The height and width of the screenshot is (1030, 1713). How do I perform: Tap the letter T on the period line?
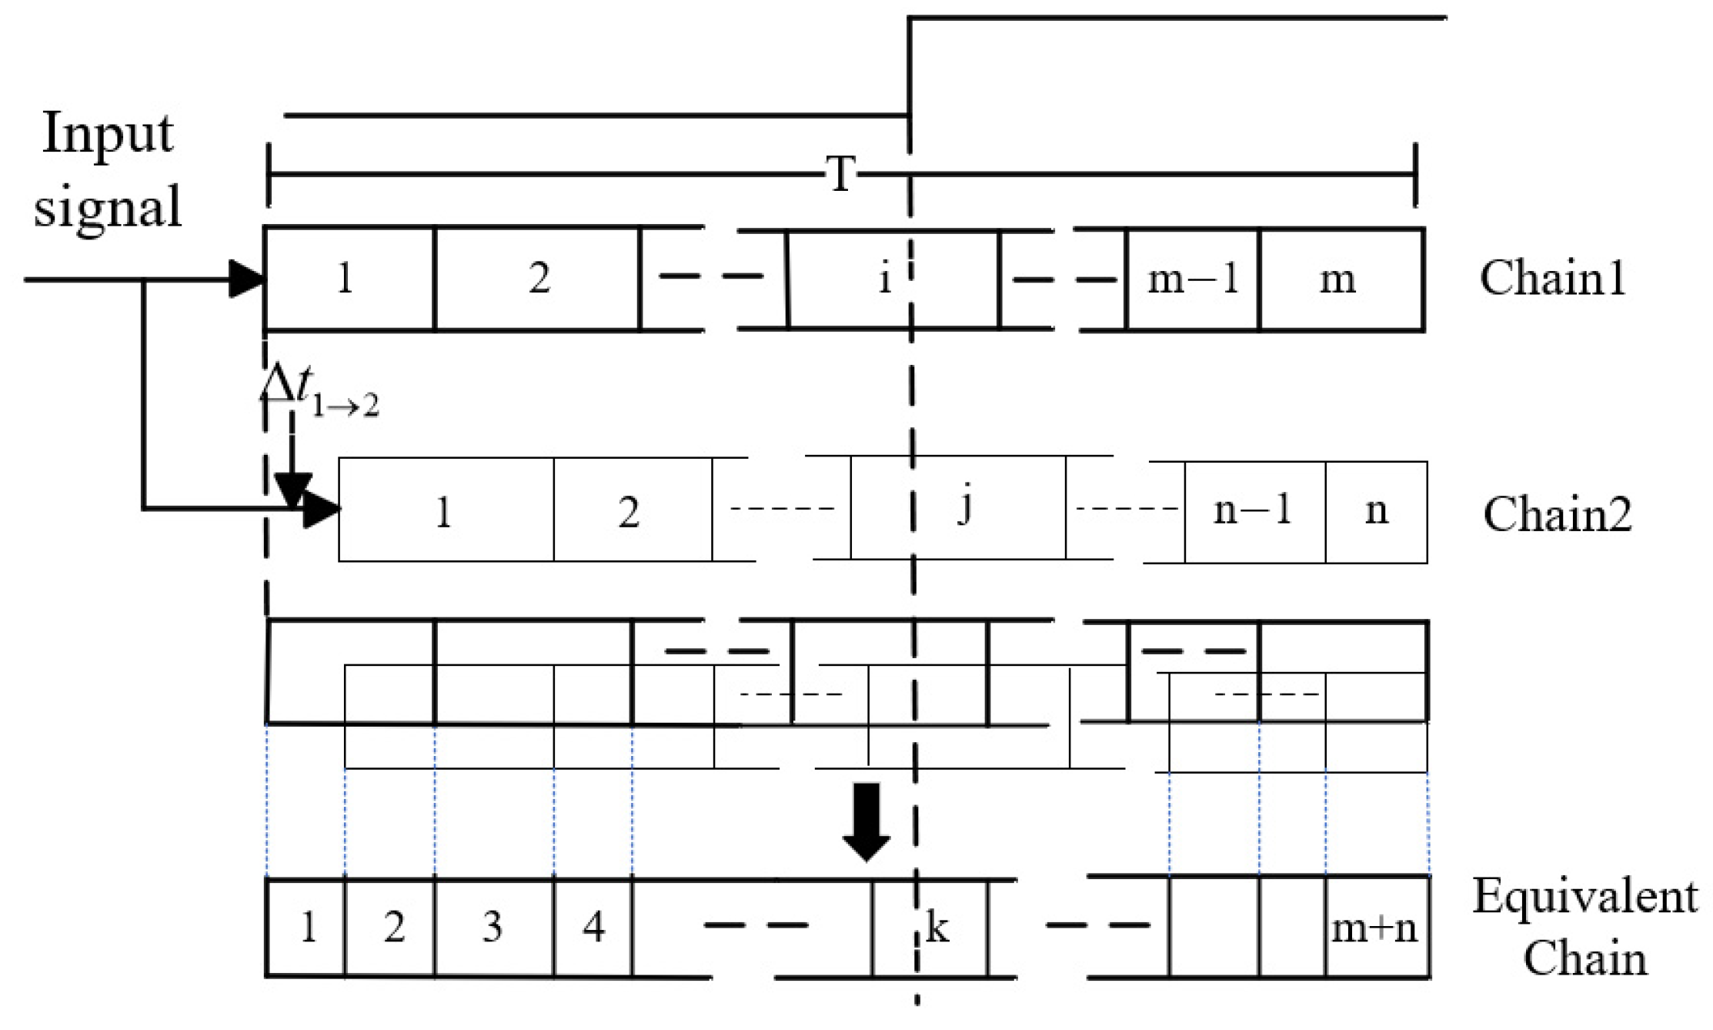(841, 174)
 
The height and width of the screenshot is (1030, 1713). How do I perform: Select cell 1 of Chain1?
(349, 279)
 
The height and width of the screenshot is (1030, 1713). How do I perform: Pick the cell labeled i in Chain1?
(893, 279)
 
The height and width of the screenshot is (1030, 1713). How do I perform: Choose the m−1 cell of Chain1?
(1193, 279)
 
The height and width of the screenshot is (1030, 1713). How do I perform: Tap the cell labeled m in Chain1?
(1341, 279)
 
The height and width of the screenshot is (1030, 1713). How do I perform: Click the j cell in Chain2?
(959, 508)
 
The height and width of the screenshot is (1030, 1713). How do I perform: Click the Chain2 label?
(1557, 513)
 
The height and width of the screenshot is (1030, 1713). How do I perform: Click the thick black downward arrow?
(867, 822)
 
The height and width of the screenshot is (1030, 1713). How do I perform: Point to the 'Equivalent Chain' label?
(1585, 928)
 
